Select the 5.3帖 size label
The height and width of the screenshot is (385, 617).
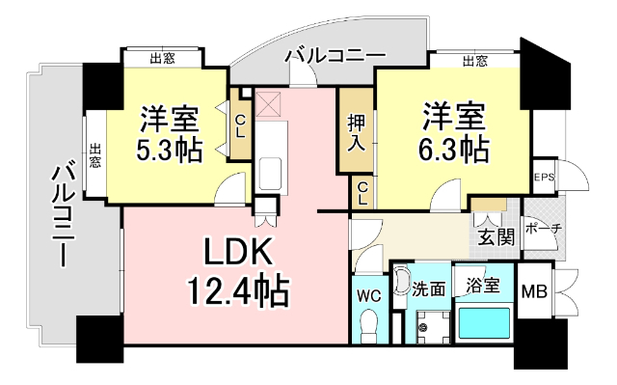click(170, 150)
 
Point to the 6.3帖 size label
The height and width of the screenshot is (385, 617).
click(453, 150)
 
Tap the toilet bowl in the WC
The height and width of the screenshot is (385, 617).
click(367, 329)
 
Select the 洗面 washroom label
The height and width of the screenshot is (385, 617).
click(427, 287)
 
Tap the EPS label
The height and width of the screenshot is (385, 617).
click(545, 178)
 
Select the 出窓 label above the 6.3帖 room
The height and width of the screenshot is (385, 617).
click(474, 62)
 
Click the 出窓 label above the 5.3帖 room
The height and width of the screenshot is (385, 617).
click(163, 59)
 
